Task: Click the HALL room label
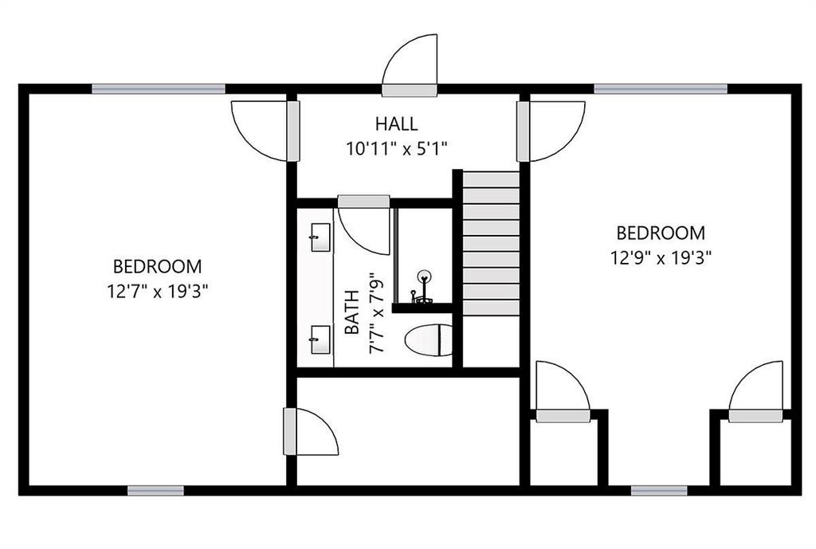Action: (397, 124)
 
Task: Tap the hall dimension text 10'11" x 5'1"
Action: (397, 149)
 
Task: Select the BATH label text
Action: (352, 312)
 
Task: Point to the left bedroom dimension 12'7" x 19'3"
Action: (158, 292)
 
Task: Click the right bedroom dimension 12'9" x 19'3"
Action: (661, 257)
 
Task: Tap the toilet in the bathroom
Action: (429, 339)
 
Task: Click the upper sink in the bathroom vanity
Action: (320, 237)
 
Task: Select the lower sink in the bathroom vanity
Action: (320, 339)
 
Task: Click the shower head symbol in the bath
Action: (425, 276)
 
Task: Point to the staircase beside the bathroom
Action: (491, 243)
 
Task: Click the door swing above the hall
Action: (410, 65)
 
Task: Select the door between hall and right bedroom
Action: (551, 131)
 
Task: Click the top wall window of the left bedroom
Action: (159, 89)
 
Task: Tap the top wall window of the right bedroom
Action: (661, 89)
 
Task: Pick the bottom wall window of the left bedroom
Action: (155, 490)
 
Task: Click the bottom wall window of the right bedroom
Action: (659, 490)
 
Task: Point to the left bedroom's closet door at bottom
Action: (311, 431)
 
